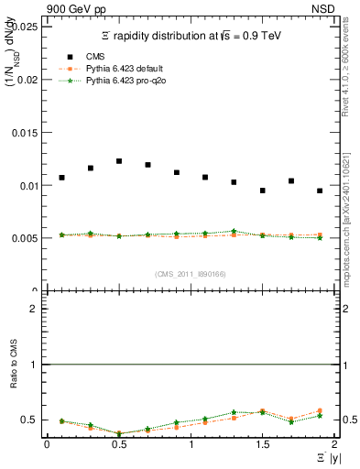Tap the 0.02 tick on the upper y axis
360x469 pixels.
point(27,80)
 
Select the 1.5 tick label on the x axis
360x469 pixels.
point(262,444)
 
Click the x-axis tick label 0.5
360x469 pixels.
point(118,444)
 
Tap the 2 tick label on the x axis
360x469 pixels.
point(334,444)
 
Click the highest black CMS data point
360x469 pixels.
point(119,161)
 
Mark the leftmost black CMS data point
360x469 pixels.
point(61,178)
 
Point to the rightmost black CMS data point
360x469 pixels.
point(320,191)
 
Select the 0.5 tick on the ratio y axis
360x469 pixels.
point(30,420)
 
